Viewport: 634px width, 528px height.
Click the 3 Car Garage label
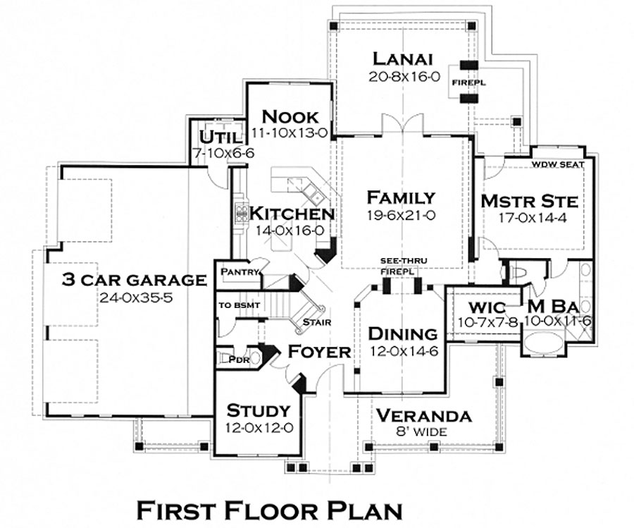(134, 280)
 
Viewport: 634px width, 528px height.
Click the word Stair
(313, 323)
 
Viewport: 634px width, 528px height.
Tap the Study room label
(258, 410)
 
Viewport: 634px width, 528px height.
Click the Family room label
(400, 197)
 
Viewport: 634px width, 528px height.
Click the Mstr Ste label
(529, 202)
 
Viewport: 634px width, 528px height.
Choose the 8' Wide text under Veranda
(423, 431)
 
